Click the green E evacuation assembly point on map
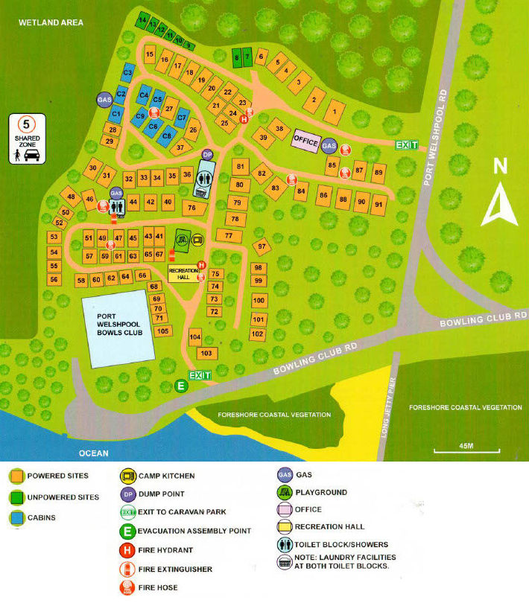tap(180, 386)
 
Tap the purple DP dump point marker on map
tap(208, 154)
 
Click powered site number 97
tap(262, 246)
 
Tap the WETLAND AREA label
tap(51, 22)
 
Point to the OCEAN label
tap(95, 453)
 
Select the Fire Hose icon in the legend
tap(127, 587)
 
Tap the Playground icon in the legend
tap(284, 492)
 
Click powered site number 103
tap(206, 353)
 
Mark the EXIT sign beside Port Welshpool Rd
tap(407, 144)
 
